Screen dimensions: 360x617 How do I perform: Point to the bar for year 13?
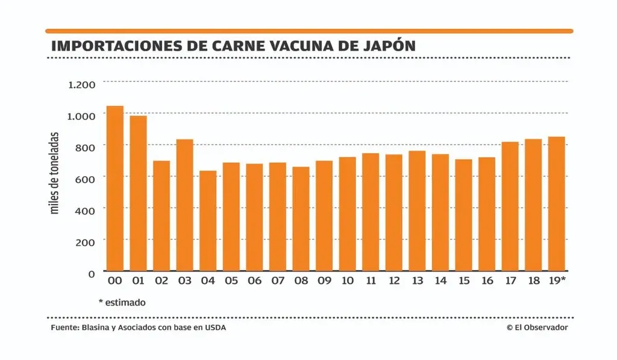coord(417,210)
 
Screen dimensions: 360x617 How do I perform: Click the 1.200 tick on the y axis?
coord(83,84)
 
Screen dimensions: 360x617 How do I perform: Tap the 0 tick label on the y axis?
coord(92,273)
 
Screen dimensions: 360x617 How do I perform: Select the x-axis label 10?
coord(347,281)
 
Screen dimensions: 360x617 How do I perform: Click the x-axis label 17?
coord(510,281)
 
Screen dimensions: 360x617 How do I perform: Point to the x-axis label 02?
coord(161,281)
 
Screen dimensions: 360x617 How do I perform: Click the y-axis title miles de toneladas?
coord(55,173)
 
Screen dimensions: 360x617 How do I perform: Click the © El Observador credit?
coord(537,327)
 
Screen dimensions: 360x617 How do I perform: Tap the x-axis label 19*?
coord(557,281)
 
